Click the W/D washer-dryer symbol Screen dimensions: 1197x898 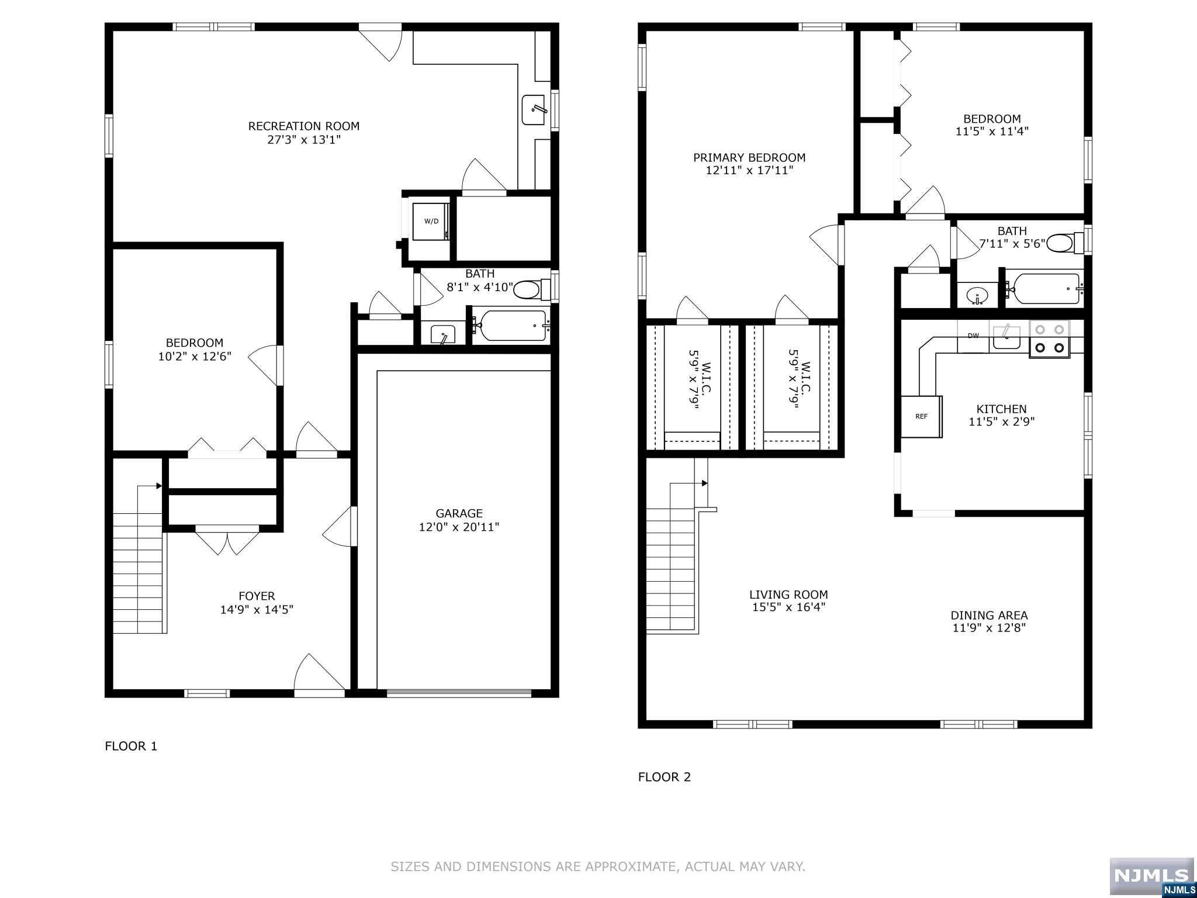pos(431,221)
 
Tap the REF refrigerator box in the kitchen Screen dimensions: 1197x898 pos(922,416)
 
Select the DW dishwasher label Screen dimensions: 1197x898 pos(973,336)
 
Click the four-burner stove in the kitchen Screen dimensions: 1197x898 pos(1049,339)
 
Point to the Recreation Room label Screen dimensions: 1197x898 pos(303,126)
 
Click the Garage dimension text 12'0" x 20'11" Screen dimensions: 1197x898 pos(459,527)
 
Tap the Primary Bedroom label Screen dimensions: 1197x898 pos(749,157)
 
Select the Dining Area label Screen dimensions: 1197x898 pos(989,615)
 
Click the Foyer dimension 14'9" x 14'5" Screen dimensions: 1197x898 pos(257,609)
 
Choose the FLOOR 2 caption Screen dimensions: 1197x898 pos(665,777)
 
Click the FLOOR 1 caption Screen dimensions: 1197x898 pos(131,746)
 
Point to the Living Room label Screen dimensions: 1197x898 pos(788,595)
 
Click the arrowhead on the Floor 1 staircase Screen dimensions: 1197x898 pos(159,486)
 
